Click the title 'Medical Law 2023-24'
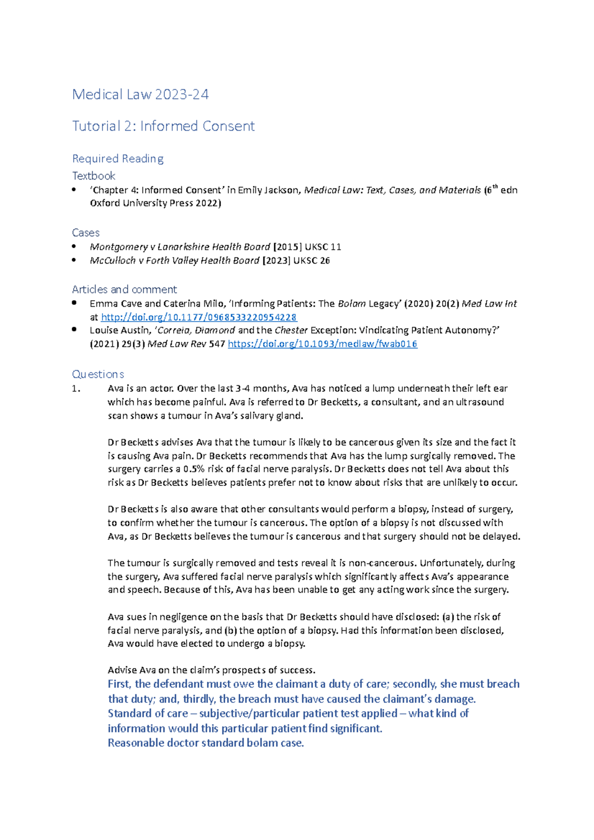[140, 94]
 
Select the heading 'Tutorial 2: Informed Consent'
[163, 126]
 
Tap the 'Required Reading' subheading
[118, 159]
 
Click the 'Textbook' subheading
[94, 176]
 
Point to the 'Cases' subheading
[86, 233]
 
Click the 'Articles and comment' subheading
[124, 289]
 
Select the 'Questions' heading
[98, 374]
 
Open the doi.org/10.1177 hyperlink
[198, 317]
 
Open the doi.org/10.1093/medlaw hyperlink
[322, 344]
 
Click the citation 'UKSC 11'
[323, 247]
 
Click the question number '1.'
[76, 389]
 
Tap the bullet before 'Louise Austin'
[74, 329]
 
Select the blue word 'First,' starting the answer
[119, 684]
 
